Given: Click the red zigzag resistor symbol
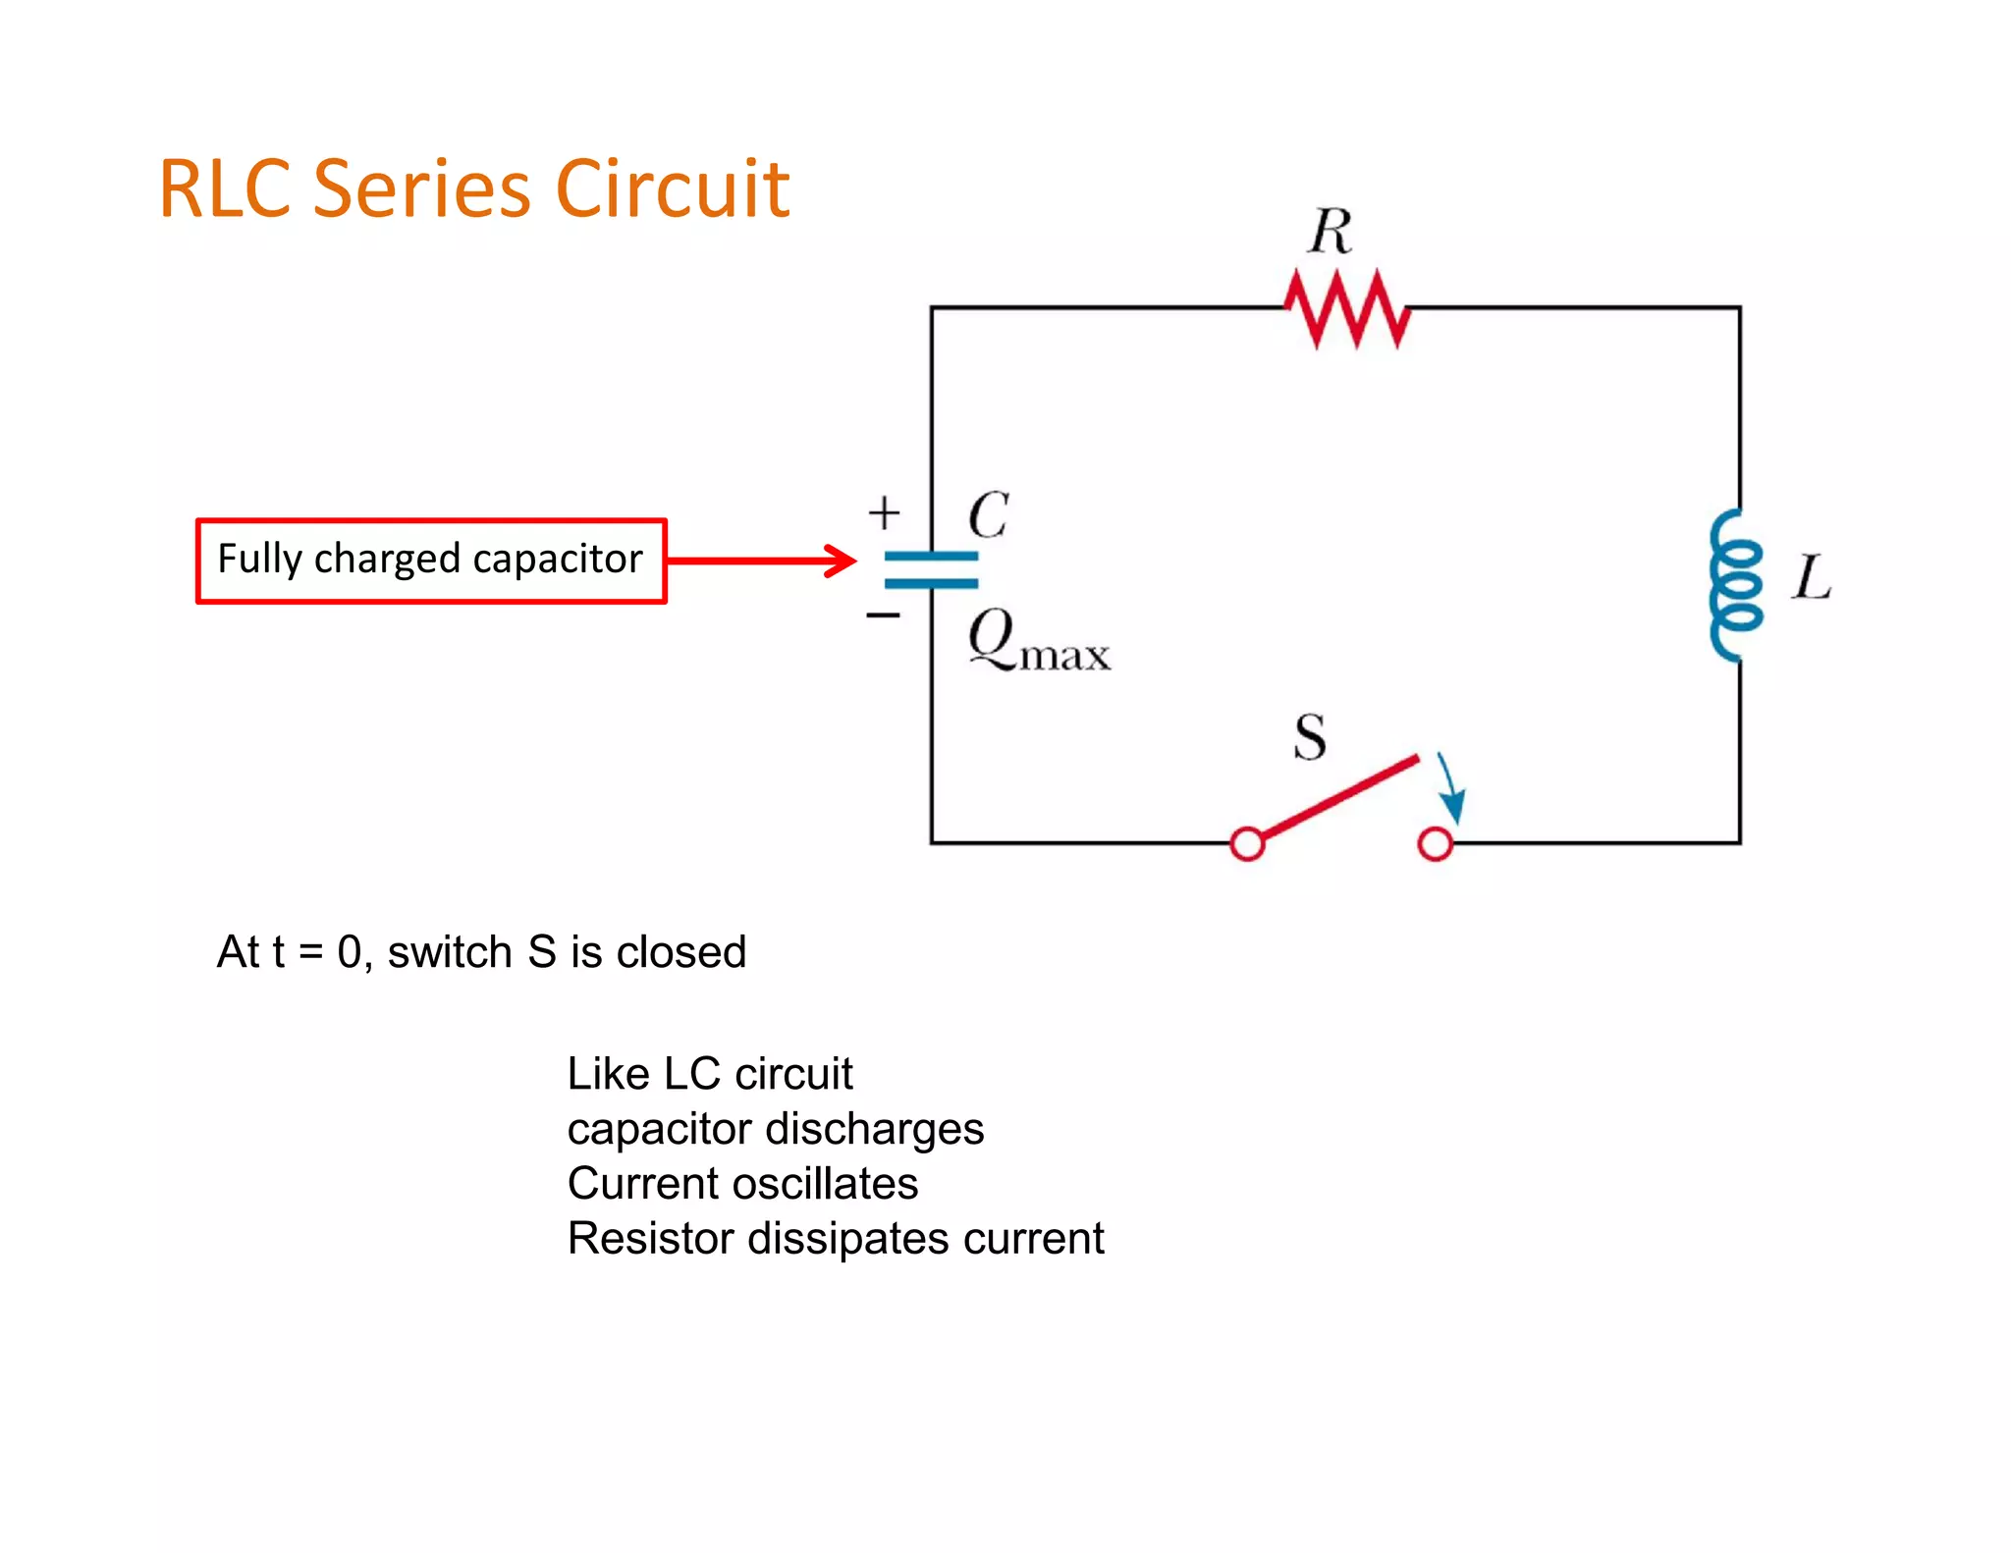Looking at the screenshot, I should [x=1347, y=308].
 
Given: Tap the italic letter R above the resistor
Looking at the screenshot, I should [x=1331, y=232].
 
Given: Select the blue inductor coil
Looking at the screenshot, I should [x=1735, y=585].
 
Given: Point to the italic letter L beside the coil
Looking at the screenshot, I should [x=1812, y=576].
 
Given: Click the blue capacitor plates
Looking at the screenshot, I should [x=931, y=569].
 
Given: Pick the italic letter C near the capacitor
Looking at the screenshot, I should [x=988, y=514].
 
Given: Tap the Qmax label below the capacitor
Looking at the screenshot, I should [x=1038, y=640].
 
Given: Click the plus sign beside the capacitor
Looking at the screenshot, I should [x=884, y=512].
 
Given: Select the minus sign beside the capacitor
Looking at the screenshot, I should [x=883, y=616].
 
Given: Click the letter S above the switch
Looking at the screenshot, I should [x=1310, y=737].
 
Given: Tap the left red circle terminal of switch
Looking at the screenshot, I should [x=1247, y=843].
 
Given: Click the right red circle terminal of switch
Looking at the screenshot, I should [x=1435, y=843].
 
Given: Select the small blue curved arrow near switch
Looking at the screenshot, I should [x=1451, y=788].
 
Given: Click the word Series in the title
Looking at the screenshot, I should [x=423, y=188].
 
